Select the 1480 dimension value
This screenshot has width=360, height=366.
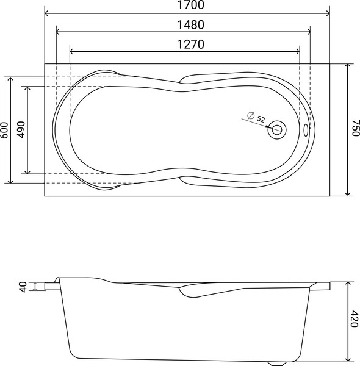(x=183, y=25)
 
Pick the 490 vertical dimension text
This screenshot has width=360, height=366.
(x=21, y=130)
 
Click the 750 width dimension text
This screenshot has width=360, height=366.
(x=355, y=129)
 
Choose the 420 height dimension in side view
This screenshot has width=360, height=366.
(x=355, y=320)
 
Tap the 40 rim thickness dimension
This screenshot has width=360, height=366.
(x=24, y=286)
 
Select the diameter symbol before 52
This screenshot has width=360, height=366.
(x=250, y=116)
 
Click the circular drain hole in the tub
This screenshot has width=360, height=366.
(x=278, y=129)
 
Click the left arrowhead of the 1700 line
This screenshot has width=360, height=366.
(x=48, y=12)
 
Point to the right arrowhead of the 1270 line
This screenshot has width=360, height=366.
(x=298, y=51)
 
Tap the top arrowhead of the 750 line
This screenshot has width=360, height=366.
(x=347, y=65)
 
